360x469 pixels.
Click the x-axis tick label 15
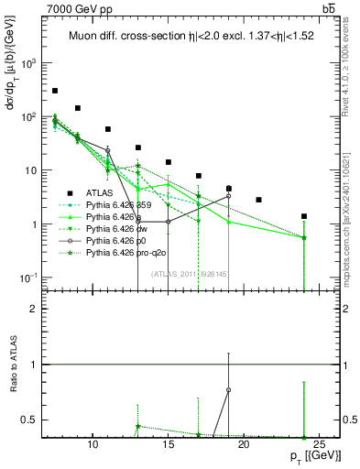point(168,445)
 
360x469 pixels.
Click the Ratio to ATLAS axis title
point(12,365)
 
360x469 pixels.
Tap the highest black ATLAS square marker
point(55,91)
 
